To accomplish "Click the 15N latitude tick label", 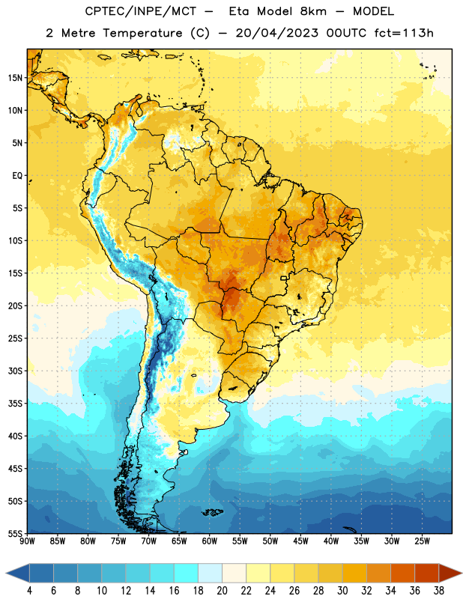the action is click(x=15, y=78).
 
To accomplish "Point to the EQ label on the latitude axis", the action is click(x=17, y=176).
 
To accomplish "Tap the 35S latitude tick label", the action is click(x=15, y=404).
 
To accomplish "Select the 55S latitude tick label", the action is click(x=15, y=533).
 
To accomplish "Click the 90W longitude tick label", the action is click(x=27, y=541).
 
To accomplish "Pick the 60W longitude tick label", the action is click(x=210, y=541).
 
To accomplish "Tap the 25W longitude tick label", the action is click(x=422, y=541).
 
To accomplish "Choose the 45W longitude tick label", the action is click(x=300, y=541).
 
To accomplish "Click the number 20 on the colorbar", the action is click(x=222, y=591).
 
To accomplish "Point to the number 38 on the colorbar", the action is click(x=438, y=591).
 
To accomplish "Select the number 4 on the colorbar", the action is click(x=29, y=591).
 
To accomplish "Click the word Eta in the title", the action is click(x=238, y=11).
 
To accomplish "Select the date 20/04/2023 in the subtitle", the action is click(x=276, y=33).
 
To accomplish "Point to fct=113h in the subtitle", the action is click(x=404, y=33).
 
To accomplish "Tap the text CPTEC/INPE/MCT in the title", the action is click(x=141, y=11).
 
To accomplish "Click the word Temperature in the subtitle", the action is click(x=142, y=33).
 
